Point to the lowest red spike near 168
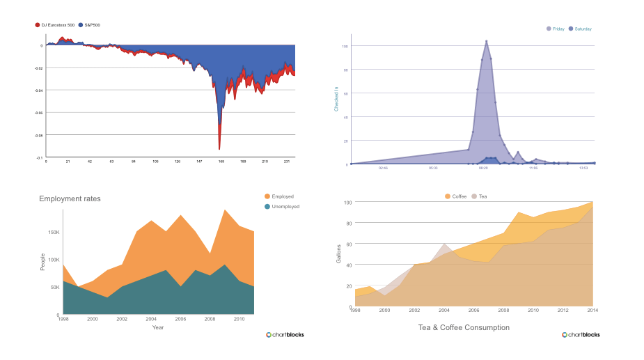219,148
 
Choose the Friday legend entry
556,29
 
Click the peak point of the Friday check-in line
486,41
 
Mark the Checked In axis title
336,98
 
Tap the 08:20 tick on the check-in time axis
484,168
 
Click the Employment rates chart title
70,199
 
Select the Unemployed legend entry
282,207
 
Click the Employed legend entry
280,196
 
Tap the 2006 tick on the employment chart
180,319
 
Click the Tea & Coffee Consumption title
463,327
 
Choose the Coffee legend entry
456,196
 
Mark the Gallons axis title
339,254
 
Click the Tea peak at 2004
444,244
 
